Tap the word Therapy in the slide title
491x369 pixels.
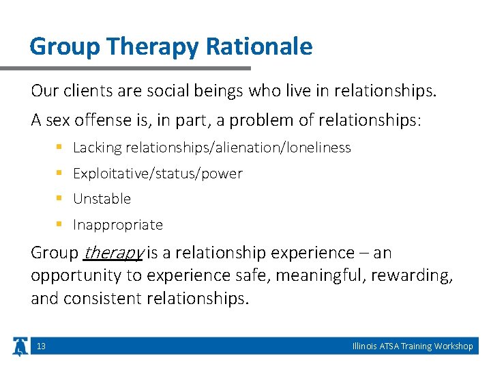144,46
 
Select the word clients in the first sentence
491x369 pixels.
82,91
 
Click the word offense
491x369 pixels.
95,120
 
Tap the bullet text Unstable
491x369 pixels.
102,199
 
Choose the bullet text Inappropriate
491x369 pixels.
117,225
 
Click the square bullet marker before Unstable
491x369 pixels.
59,199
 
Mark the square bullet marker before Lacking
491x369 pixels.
59,148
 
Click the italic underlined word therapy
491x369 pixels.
113,253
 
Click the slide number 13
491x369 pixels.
41,346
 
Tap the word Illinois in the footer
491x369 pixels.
363,346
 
